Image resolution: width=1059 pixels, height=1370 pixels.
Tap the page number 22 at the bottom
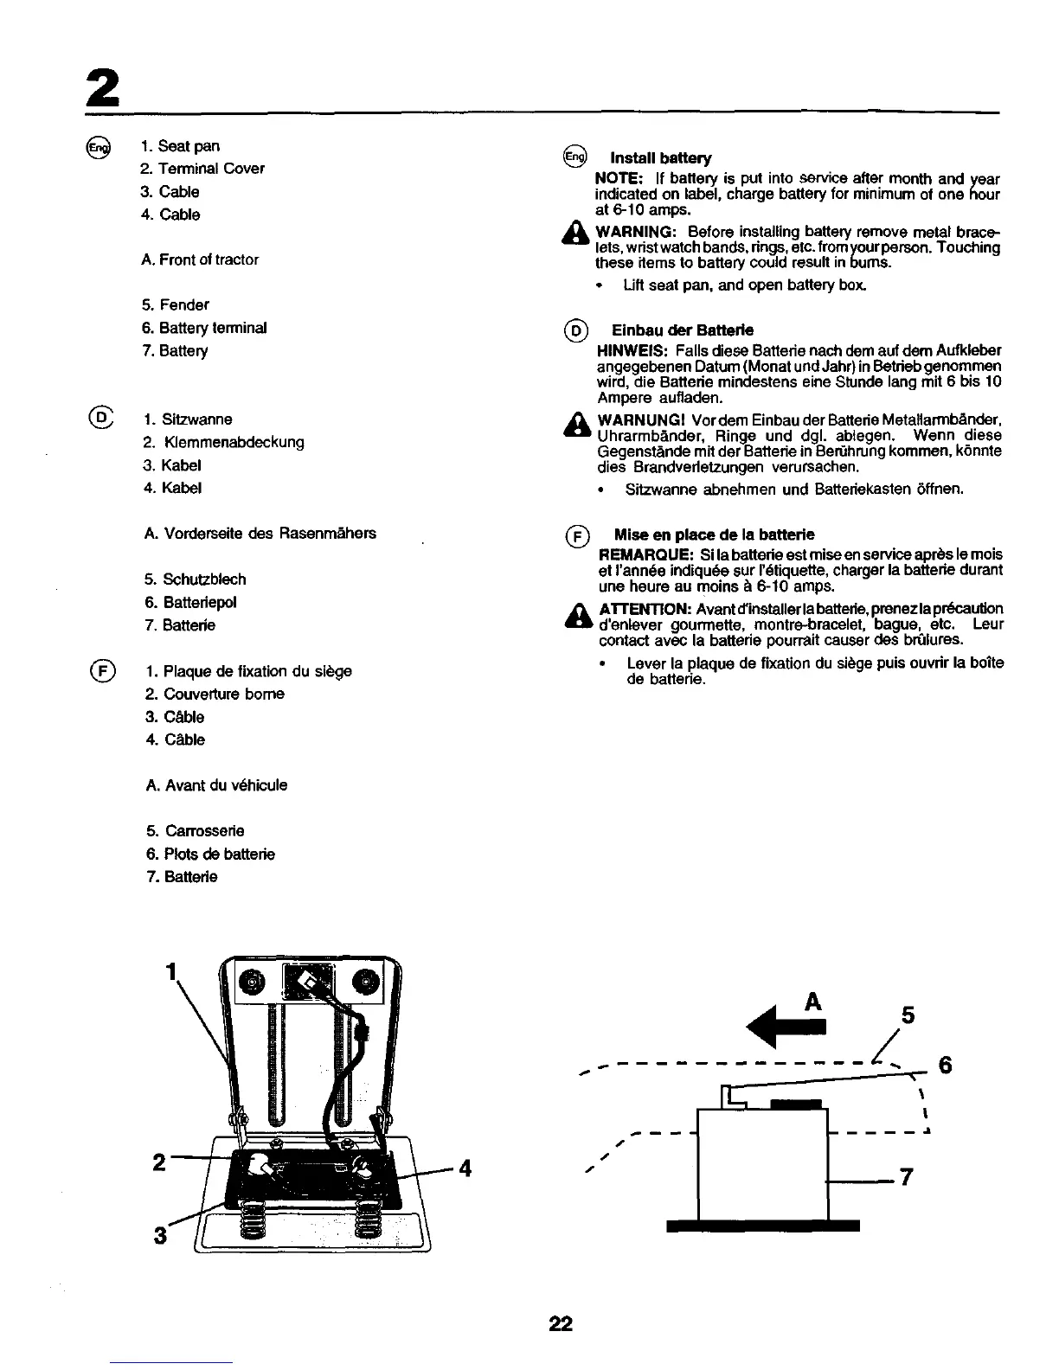tap(561, 1323)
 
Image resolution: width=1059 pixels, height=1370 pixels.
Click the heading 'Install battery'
tap(661, 158)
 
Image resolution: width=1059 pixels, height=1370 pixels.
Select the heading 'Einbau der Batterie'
tap(682, 330)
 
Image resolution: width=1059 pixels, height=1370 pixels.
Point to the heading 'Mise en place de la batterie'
tap(714, 535)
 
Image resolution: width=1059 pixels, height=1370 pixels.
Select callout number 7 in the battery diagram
tap(906, 1178)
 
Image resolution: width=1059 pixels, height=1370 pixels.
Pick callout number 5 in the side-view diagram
tap(908, 1015)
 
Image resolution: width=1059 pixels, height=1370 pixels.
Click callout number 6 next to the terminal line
tap(946, 1066)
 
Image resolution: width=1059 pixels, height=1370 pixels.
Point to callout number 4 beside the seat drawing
tap(465, 1168)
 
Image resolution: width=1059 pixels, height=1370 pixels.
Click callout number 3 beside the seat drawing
tap(160, 1235)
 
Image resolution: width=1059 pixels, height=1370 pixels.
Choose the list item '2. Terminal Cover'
tap(202, 169)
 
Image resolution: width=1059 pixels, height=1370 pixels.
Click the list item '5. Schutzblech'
tap(196, 579)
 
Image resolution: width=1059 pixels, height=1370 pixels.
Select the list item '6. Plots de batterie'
tap(210, 855)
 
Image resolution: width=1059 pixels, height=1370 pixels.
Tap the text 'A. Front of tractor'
tap(200, 259)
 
